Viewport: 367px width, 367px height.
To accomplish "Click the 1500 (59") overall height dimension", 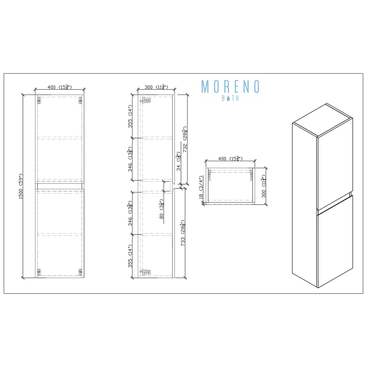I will [21, 186].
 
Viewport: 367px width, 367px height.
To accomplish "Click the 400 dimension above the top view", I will [230, 158].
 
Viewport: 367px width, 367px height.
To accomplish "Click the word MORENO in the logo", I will [230, 87].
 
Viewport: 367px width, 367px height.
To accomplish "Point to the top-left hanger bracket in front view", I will [39, 101].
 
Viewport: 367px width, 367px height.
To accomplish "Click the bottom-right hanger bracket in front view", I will [80, 272].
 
